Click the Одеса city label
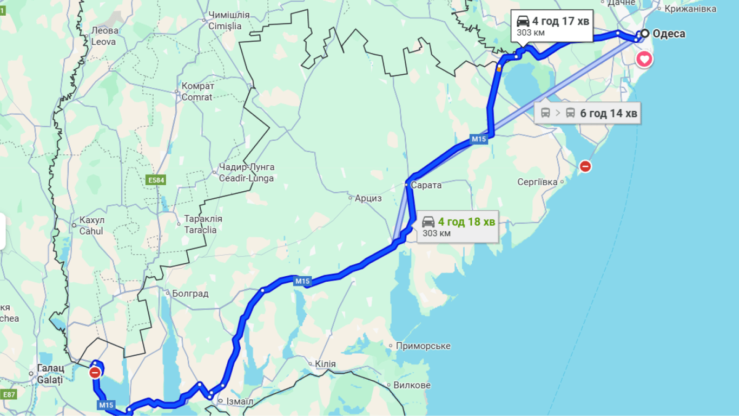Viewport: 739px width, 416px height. coord(669,34)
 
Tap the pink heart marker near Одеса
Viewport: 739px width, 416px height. coord(644,58)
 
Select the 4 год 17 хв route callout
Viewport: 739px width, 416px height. coord(552,25)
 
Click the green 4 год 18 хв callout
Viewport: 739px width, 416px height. coord(458,226)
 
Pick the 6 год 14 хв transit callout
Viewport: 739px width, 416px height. coord(588,113)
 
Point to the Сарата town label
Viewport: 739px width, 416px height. coord(426,185)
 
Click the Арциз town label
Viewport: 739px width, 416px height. coord(368,198)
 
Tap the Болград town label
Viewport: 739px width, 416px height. coord(190,294)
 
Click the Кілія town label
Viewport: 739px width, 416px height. coord(325,364)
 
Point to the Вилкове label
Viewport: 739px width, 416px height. coord(412,385)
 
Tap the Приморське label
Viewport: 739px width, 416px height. coord(423,346)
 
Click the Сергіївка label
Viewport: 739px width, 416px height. coord(537,182)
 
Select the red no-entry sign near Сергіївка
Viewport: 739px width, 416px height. coord(585,166)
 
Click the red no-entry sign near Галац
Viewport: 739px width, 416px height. coord(95,373)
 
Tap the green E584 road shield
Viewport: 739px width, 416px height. coord(155,179)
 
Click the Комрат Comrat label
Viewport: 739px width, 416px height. coord(197,92)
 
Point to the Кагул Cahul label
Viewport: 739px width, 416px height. coord(91,225)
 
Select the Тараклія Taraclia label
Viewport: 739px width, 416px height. coord(203,224)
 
